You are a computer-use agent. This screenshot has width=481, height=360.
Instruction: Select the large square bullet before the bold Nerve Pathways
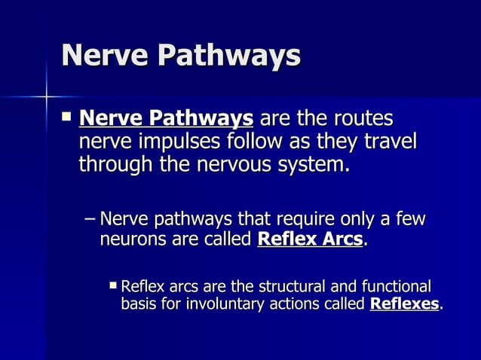66,117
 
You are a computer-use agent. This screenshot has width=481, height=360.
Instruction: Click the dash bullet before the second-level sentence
90,220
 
